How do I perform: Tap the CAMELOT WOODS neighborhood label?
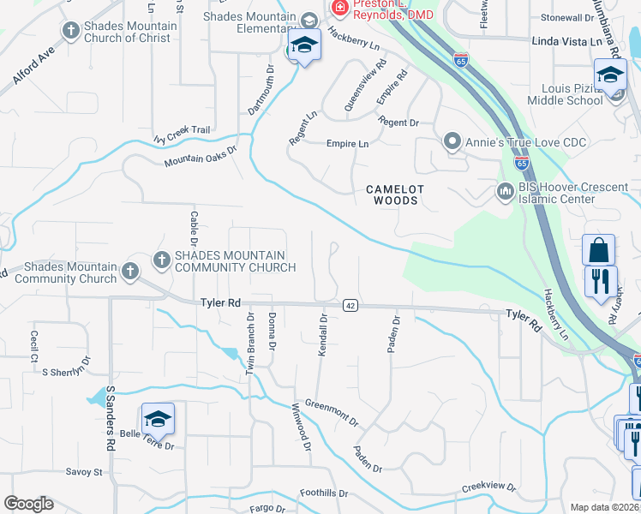tap(392, 194)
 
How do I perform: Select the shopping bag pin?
tap(598, 250)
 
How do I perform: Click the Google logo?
tap(28, 503)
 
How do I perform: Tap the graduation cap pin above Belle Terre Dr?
tap(158, 419)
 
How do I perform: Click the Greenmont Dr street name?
tap(332, 414)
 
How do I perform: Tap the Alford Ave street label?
tap(33, 65)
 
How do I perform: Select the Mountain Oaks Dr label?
tap(200, 155)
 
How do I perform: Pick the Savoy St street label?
tap(84, 472)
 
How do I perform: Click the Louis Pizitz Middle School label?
tap(572, 94)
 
